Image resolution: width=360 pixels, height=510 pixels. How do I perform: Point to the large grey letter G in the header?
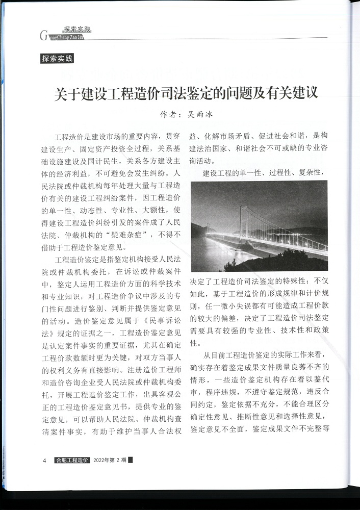(x=42, y=36)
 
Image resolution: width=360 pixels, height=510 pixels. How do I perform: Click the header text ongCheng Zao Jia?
(x=65, y=37)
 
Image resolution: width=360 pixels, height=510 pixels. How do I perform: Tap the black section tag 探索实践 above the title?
(x=57, y=59)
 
